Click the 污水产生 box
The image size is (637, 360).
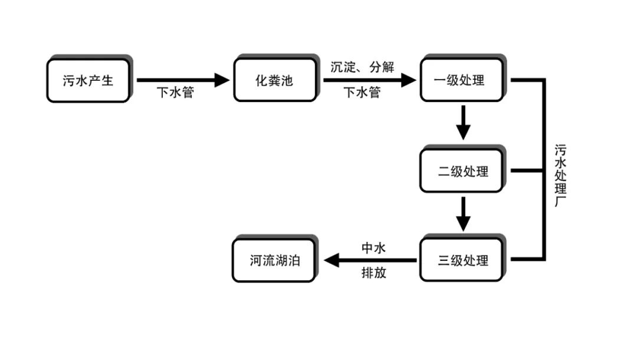(x=88, y=81)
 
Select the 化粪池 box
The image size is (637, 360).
(x=274, y=81)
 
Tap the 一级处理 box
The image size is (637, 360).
(x=461, y=80)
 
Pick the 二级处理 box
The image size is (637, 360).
(x=461, y=171)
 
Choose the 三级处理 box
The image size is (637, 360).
(x=461, y=260)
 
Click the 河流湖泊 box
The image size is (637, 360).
(x=274, y=260)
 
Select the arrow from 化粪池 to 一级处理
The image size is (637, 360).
(x=369, y=80)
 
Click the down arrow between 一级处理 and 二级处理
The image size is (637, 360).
(x=464, y=123)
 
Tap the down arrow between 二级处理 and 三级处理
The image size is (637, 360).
(x=464, y=214)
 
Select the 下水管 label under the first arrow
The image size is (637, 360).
(x=175, y=93)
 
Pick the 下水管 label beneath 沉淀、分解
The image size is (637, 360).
(x=362, y=93)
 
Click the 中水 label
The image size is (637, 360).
(x=373, y=248)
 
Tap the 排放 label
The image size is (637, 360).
(x=373, y=273)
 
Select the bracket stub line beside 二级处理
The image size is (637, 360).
(x=526, y=171)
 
